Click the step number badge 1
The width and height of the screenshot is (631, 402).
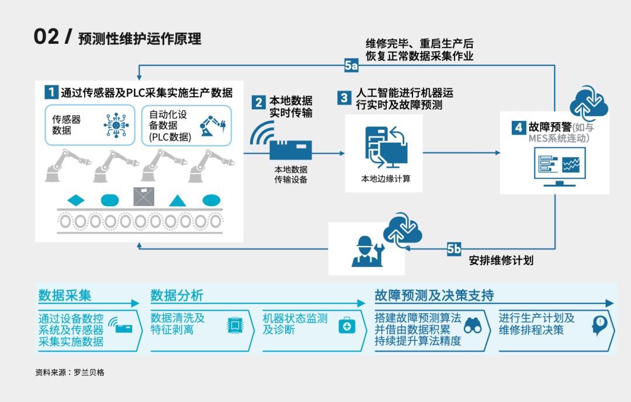click(51, 92)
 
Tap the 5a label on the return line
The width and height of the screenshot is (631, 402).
click(351, 65)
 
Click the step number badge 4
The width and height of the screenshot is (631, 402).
click(518, 127)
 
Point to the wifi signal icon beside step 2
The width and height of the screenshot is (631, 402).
click(261, 134)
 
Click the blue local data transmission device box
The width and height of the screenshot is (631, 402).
click(290, 150)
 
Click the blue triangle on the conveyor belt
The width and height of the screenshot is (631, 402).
click(178, 200)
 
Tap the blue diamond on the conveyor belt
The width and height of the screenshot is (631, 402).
click(76, 200)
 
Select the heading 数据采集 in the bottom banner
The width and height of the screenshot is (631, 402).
click(65, 296)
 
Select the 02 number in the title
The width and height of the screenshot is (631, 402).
click(46, 37)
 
